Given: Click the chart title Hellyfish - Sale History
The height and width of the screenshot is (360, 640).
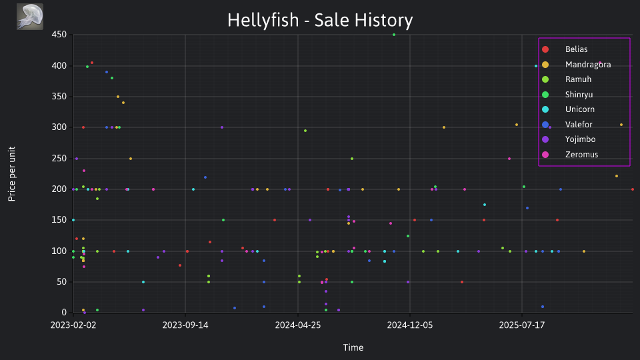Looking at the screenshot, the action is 320,21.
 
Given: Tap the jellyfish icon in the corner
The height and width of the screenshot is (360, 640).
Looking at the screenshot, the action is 30,17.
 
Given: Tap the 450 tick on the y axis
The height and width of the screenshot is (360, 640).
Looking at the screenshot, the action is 59,35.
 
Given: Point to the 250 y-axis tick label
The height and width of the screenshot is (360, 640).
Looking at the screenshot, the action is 59,159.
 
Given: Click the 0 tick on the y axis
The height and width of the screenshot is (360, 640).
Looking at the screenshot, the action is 64,313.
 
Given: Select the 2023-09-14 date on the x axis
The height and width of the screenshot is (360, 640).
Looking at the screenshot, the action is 185,325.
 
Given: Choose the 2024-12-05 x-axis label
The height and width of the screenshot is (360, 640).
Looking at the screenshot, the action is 410,325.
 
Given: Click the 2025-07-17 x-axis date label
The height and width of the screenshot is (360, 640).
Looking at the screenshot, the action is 521,325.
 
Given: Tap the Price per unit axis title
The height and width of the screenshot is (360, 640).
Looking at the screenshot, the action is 12,174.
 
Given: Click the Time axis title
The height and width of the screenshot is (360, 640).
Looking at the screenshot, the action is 353,348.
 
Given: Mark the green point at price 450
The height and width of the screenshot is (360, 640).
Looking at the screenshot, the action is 394,35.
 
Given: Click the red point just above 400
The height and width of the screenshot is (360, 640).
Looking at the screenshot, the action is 92,63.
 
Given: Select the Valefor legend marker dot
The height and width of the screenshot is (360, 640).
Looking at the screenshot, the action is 545,125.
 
